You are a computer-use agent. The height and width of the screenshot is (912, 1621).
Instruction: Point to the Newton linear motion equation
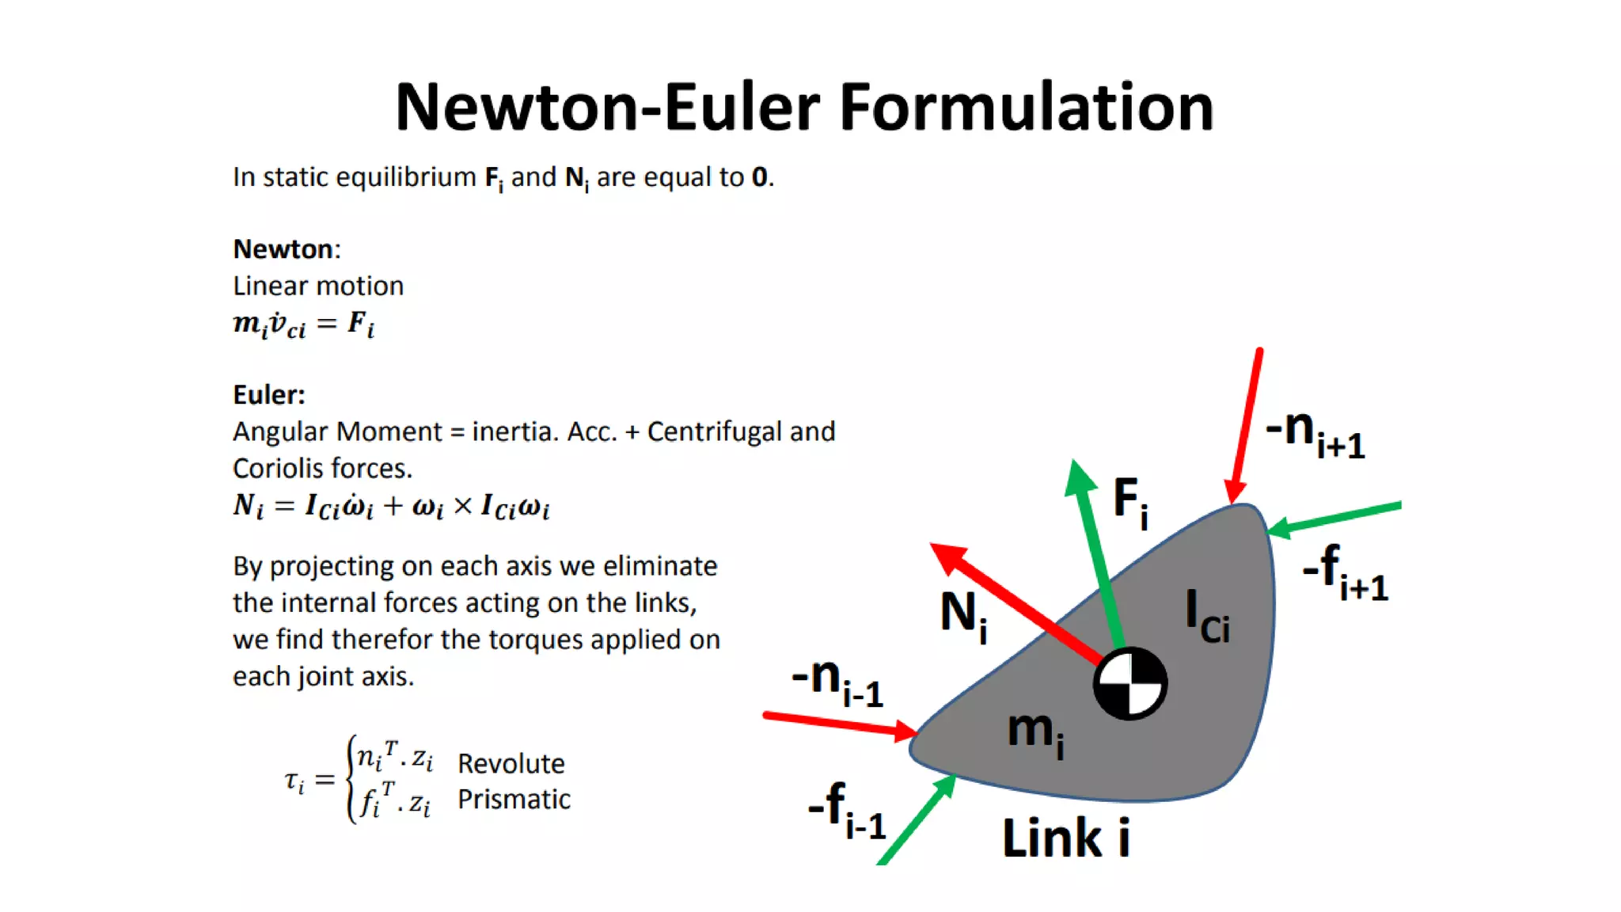(x=304, y=324)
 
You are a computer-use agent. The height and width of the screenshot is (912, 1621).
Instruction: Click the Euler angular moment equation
(x=391, y=507)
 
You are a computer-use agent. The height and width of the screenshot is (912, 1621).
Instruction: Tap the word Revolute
(x=511, y=763)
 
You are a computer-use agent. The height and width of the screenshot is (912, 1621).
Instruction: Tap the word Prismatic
(x=514, y=800)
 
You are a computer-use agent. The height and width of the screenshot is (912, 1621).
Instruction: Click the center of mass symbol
(x=1130, y=684)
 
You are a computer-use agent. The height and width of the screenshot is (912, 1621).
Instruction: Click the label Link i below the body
(x=1065, y=838)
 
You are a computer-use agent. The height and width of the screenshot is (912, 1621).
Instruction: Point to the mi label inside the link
(x=1035, y=731)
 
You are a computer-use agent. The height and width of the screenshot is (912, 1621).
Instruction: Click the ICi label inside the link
(x=1207, y=617)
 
